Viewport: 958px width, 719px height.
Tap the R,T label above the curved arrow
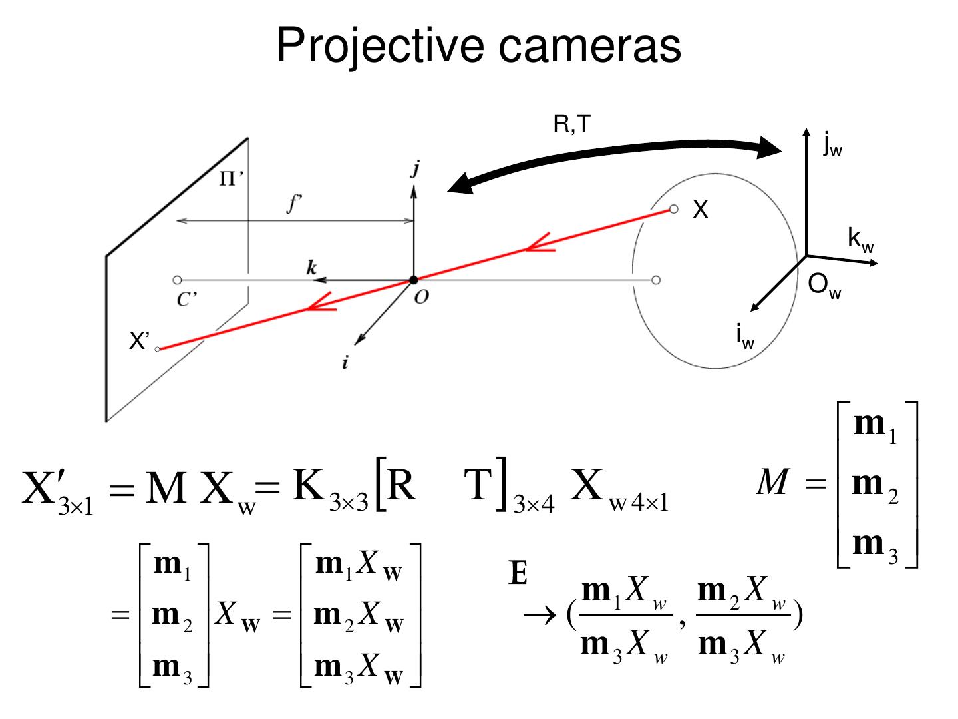click(x=571, y=124)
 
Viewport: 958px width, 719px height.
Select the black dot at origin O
click(x=413, y=280)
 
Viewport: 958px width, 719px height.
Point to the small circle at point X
click(x=673, y=210)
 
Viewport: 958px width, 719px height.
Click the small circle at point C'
click(x=177, y=280)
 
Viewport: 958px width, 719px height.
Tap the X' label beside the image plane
click(x=140, y=342)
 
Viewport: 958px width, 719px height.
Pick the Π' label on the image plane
click(x=231, y=179)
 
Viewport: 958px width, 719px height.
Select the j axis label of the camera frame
click(x=415, y=169)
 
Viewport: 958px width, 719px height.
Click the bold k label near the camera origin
click(x=311, y=268)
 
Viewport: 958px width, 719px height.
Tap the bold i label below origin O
click(x=345, y=363)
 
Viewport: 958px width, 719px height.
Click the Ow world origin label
click(x=824, y=286)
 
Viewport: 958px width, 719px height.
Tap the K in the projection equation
click(x=309, y=486)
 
